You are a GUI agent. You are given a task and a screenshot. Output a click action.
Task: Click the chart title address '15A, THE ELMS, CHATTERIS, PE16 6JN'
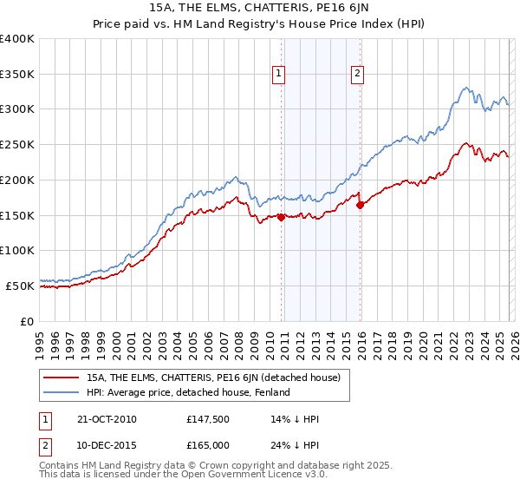(259, 9)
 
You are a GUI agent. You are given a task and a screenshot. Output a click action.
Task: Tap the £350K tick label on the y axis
(17, 75)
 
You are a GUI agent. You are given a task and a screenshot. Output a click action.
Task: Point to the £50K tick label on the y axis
(20, 286)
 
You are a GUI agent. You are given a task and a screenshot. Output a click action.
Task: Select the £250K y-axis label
(17, 145)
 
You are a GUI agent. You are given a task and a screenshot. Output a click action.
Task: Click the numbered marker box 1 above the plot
(279, 75)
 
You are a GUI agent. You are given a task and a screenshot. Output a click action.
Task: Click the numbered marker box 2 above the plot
(357, 75)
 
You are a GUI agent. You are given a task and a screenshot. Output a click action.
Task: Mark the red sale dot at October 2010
(282, 218)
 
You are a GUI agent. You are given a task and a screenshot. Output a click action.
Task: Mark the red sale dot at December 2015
(361, 206)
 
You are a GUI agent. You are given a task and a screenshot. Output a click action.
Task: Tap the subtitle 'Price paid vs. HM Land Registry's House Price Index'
(259, 25)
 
